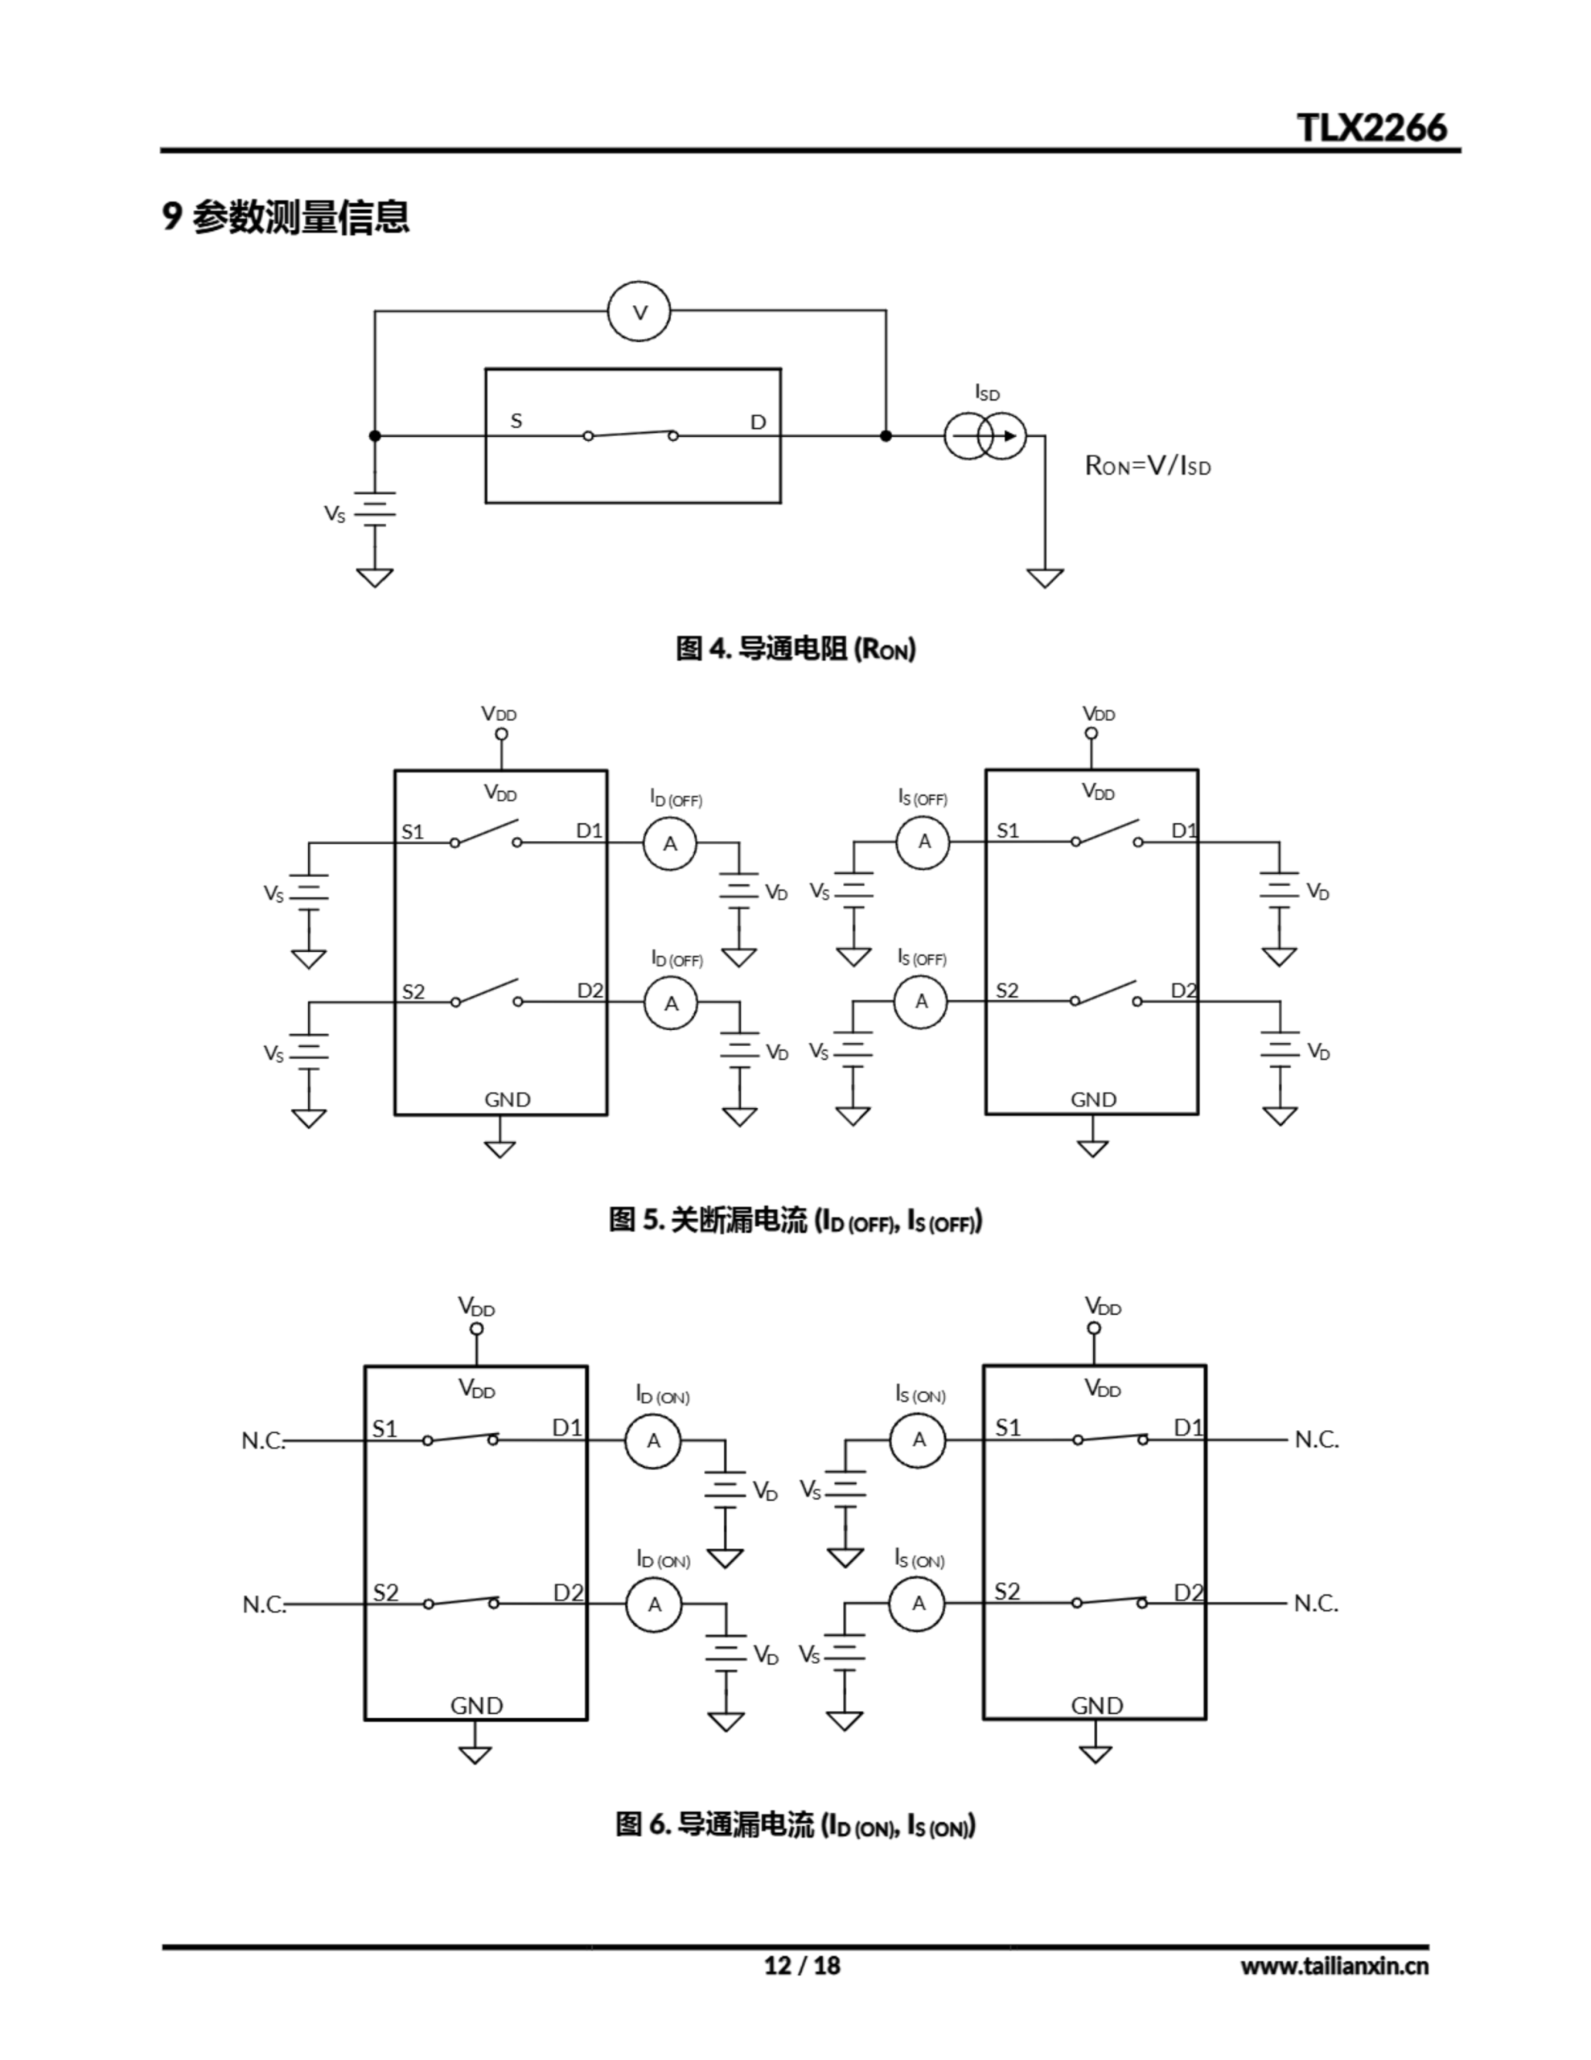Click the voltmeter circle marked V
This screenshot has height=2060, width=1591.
[x=639, y=312]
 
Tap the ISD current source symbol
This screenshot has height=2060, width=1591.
[x=985, y=436]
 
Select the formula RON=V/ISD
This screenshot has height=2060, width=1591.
[x=1148, y=466]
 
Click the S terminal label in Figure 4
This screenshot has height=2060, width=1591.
[x=516, y=421]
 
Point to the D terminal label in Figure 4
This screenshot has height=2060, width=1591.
[x=758, y=422]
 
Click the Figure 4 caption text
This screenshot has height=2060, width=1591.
[x=795, y=649]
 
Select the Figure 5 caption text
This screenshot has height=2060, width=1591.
[x=795, y=1221]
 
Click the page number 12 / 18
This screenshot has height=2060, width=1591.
[x=800, y=1965]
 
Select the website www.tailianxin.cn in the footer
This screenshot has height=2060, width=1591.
[x=1334, y=1966]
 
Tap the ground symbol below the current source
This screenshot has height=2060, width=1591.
[x=1045, y=576]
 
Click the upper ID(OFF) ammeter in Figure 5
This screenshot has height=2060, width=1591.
[x=669, y=843]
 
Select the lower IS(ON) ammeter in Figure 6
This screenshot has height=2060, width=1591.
[x=918, y=1603]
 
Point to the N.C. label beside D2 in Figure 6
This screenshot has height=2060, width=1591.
[x=1316, y=1604]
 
